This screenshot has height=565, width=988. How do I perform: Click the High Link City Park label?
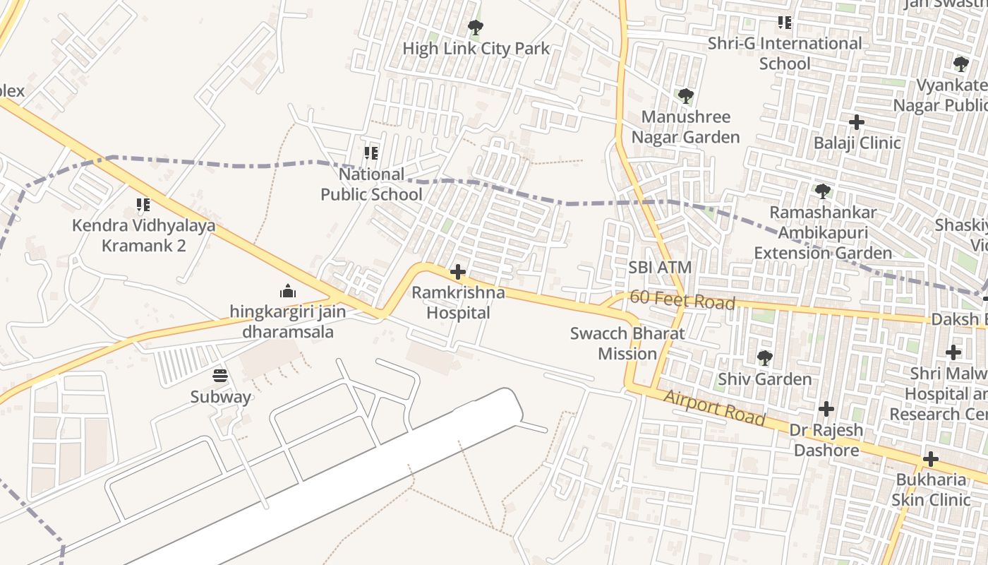[476, 49]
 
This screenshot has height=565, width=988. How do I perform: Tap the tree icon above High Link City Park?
[476, 28]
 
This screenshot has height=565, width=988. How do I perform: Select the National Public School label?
[372, 184]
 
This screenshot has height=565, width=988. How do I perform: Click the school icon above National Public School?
[371, 153]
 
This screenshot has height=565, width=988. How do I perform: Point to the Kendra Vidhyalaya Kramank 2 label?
[144, 236]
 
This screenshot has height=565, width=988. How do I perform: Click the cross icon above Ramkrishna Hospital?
[458, 271]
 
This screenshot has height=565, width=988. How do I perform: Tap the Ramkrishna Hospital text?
[458, 302]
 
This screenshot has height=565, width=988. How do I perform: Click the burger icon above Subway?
[220, 376]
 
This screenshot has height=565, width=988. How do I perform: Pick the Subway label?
[220, 397]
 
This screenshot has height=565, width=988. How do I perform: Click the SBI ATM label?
[660, 268]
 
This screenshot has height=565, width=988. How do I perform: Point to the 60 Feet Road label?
[682, 300]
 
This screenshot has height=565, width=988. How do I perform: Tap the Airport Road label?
[714, 408]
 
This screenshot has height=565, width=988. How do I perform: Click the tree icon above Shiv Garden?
[764, 358]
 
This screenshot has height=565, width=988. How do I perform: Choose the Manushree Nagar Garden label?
[685, 126]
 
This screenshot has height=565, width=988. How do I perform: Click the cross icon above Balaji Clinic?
[857, 122]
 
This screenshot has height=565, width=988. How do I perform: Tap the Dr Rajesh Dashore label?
[826, 440]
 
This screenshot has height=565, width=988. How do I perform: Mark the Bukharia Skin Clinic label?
[931, 489]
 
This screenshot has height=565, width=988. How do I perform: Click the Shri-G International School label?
[785, 53]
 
